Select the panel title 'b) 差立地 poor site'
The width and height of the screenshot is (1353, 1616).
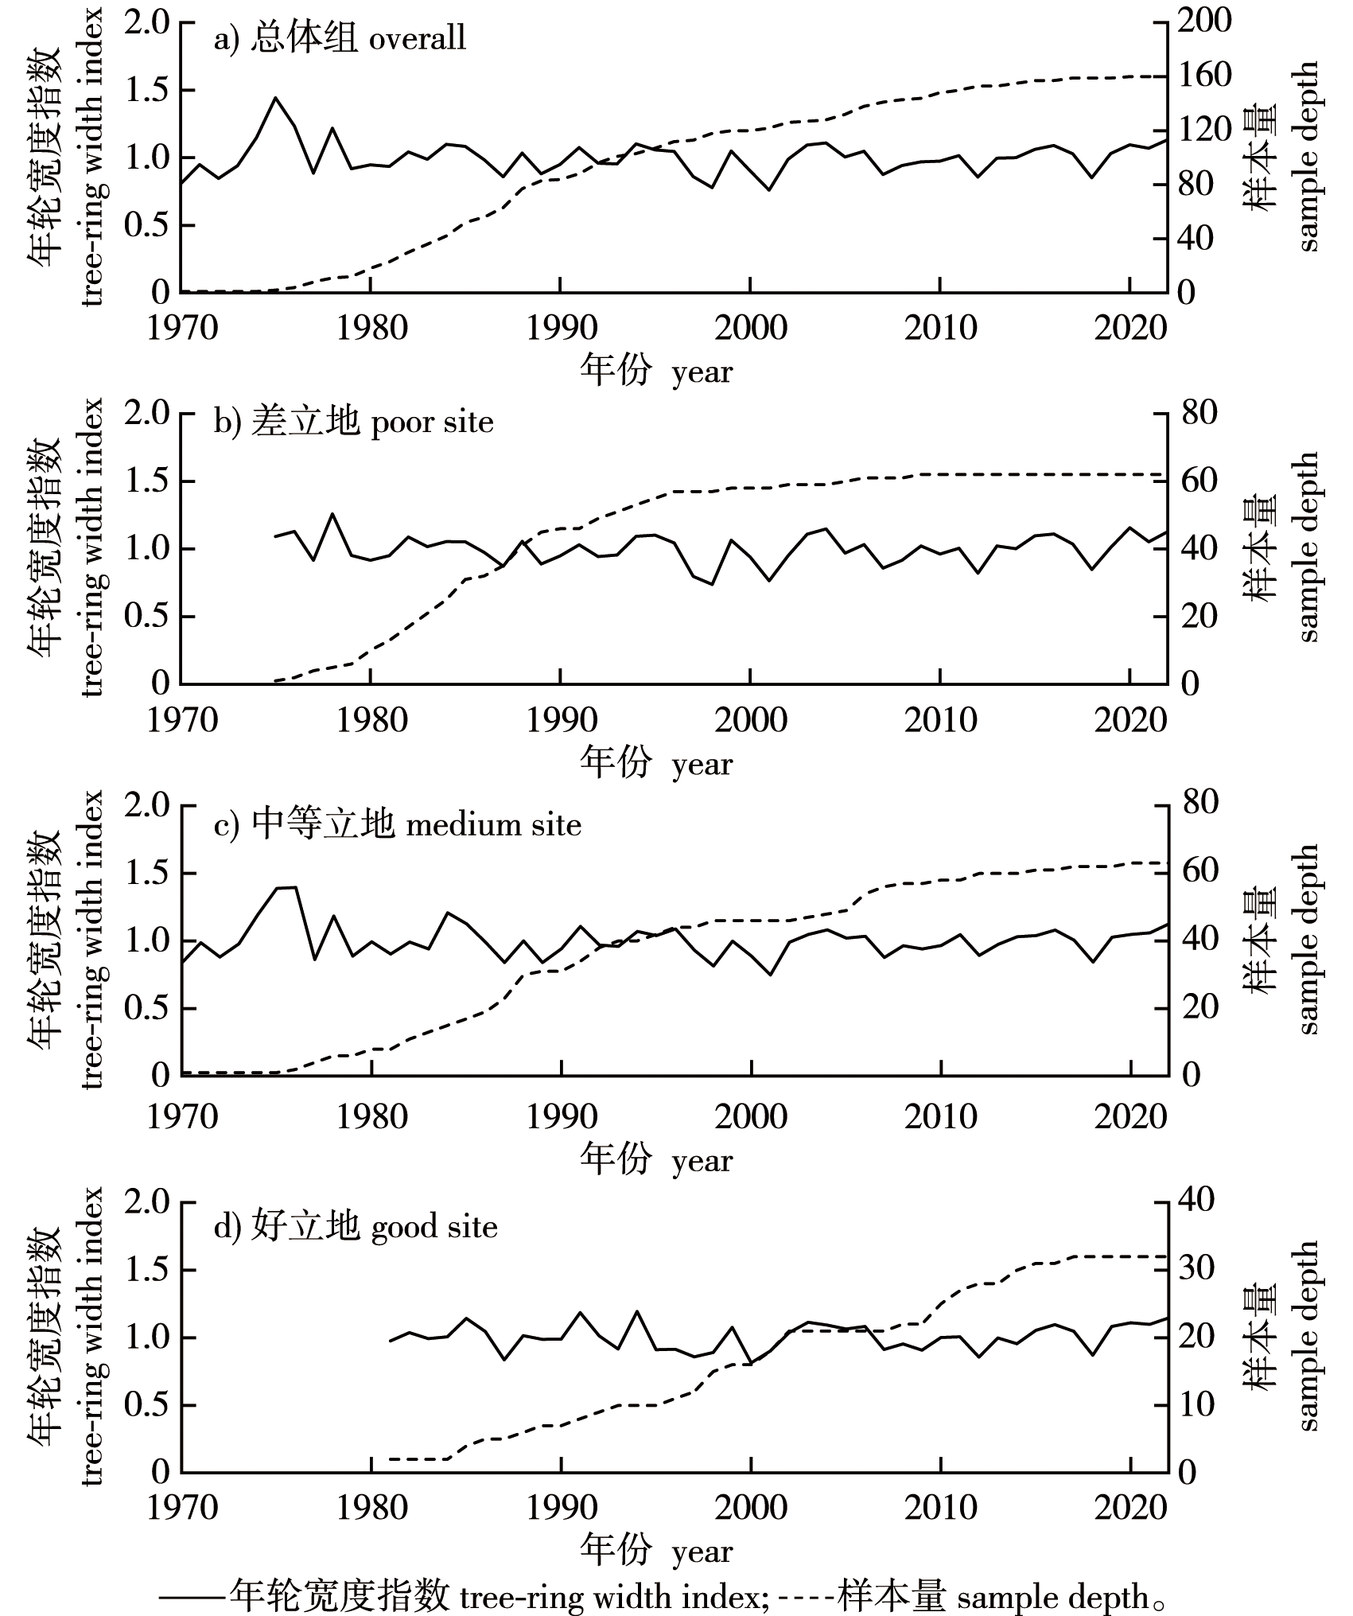[353, 422]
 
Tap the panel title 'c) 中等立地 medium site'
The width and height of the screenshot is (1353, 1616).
[398, 824]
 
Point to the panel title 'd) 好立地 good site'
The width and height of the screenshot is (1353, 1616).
[356, 1226]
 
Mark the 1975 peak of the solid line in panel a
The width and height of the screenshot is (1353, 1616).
[275, 98]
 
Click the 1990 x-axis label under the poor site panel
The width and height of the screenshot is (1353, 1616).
[561, 720]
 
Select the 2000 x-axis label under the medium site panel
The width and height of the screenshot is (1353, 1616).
[751, 1116]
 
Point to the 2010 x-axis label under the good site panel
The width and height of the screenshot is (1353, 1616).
[940, 1508]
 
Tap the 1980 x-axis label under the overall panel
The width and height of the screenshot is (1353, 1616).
[371, 328]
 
